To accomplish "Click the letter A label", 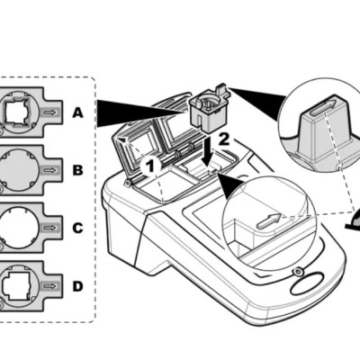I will (x=77, y=113).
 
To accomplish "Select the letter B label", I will (x=77, y=168).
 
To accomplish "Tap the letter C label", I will (x=77, y=228).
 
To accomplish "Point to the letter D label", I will (x=77, y=286).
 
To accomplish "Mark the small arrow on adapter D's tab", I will (x=55, y=286).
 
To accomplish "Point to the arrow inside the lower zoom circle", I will (x=266, y=220).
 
